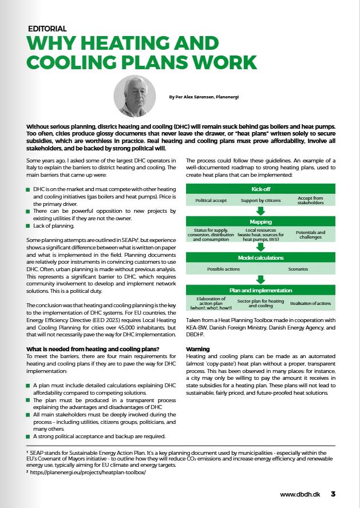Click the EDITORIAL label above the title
(48, 28)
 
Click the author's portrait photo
(134, 96)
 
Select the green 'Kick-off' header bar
(260, 189)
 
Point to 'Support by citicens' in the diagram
(260, 201)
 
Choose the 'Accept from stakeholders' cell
(310, 201)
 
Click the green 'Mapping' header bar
(260, 221)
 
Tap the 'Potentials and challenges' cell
(310, 235)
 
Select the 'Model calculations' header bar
(260, 257)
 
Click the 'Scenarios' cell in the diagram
(298, 268)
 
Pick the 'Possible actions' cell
(223, 268)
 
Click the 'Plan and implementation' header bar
(260, 290)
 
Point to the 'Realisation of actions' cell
(310, 303)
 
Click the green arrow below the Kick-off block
(260, 211)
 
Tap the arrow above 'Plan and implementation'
(260, 279)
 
